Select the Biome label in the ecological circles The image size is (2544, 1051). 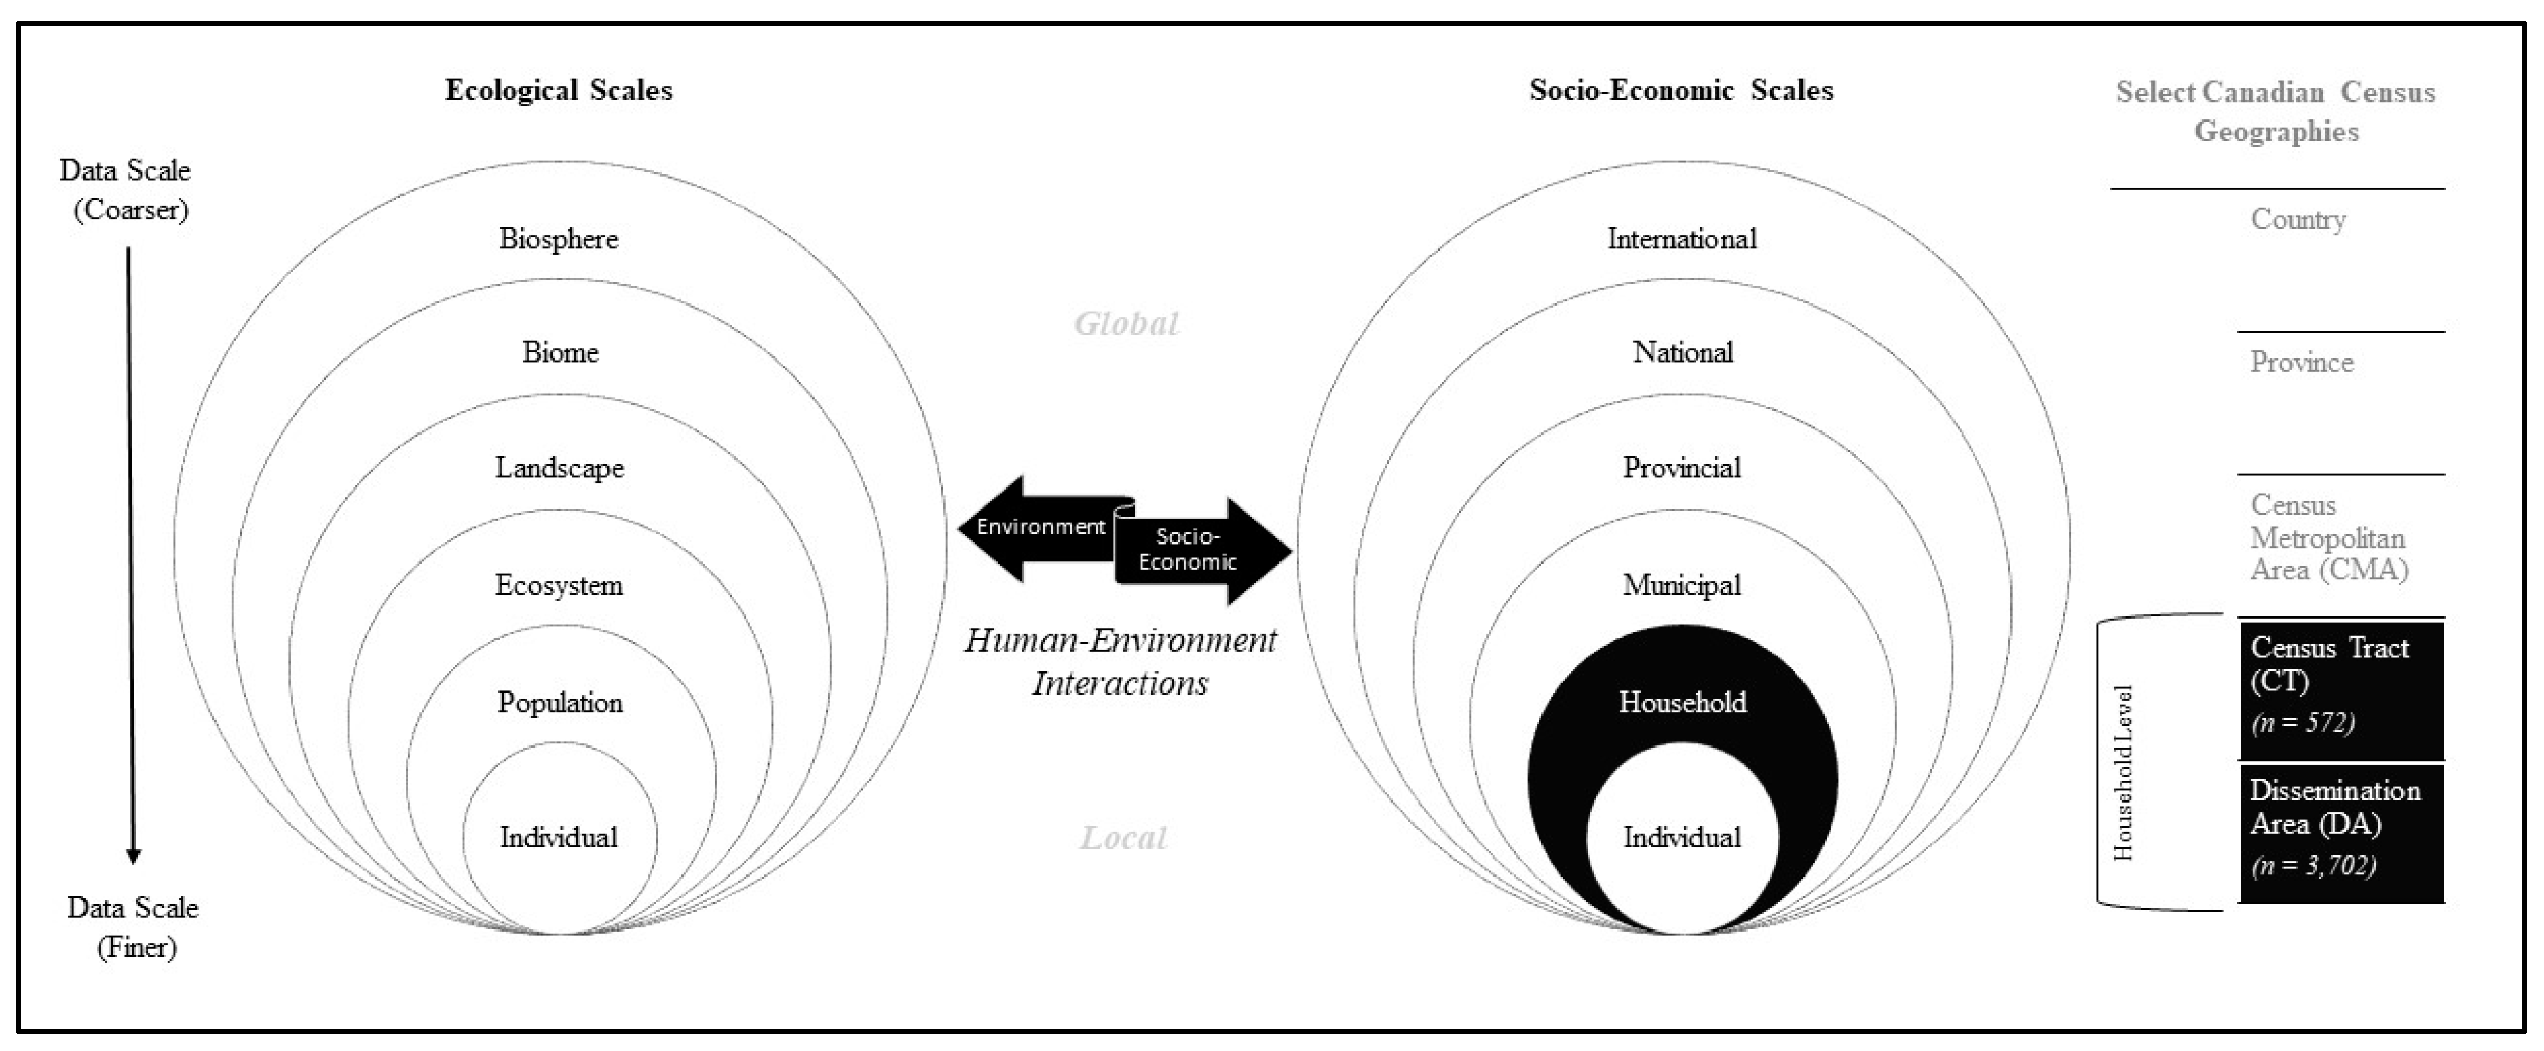(x=560, y=352)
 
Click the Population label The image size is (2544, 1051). (x=560, y=702)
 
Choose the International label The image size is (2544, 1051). (x=1682, y=239)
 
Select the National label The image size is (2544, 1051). (x=1682, y=352)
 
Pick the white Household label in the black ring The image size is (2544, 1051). (x=1682, y=702)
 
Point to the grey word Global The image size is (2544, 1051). (x=1126, y=324)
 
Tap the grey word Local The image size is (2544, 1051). (x=1123, y=838)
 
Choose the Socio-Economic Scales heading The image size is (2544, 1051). (x=1681, y=91)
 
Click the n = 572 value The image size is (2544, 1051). (x=2303, y=723)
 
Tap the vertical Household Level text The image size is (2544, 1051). (x=2123, y=773)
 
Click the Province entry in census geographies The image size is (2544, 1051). (x=2301, y=363)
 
